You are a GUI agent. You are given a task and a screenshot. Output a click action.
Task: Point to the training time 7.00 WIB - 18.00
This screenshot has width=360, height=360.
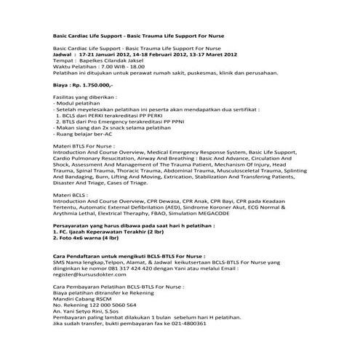116,68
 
